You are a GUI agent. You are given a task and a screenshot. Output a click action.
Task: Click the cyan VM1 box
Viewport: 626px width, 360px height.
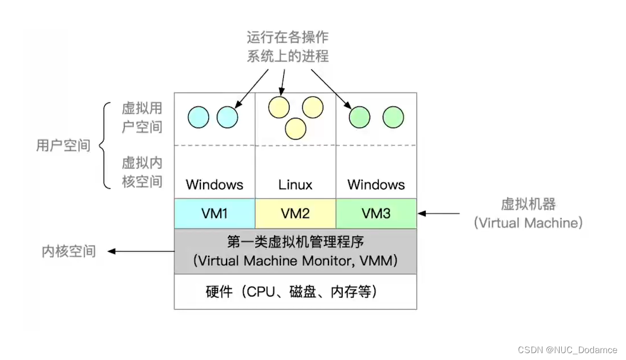pyautogui.click(x=215, y=213)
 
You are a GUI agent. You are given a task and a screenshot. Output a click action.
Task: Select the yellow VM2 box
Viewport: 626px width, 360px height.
pyautogui.click(x=295, y=213)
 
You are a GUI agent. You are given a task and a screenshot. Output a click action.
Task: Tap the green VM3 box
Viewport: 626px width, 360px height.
pyautogui.click(x=376, y=213)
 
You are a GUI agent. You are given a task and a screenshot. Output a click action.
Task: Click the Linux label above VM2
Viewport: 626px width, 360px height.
pyautogui.click(x=295, y=185)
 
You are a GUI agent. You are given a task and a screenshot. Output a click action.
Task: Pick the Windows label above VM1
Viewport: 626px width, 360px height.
pyautogui.click(x=215, y=185)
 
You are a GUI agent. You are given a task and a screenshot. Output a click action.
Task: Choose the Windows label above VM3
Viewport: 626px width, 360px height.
pyautogui.click(x=376, y=185)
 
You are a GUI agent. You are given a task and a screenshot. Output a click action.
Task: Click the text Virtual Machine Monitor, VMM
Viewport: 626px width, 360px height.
pyautogui.click(x=295, y=261)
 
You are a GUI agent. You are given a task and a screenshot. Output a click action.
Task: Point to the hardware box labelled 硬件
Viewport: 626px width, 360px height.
pyautogui.click(x=295, y=292)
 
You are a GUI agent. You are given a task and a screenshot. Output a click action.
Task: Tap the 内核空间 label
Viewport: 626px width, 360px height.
pyautogui.click(x=69, y=251)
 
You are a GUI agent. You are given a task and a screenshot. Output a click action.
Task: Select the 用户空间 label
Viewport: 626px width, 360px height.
pyautogui.click(x=63, y=145)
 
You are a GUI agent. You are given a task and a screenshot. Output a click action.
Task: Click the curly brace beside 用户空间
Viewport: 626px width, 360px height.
pyautogui.click(x=105, y=145)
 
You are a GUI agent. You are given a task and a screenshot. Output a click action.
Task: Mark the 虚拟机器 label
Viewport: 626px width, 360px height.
pyautogui.click(x=528, y=204)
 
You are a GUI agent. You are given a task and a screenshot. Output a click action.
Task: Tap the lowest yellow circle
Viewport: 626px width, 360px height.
pyautogui.click(x=295, y=128)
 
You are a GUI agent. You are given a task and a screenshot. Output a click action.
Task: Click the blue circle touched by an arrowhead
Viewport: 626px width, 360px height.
pyautogui.click(x=227, y=117)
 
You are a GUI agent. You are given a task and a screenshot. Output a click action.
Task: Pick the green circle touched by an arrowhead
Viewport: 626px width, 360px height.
pyautogui.click(x=360, y=117)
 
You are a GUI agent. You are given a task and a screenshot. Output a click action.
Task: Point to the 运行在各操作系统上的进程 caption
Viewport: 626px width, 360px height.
pyautogui.click(x=288, y=47)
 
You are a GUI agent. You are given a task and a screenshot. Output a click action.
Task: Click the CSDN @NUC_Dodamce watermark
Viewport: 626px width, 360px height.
pyautogui.click(x=567, y=350)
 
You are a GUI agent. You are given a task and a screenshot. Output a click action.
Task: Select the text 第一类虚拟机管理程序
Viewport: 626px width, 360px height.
pyautogui.click(x=295, y=242)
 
